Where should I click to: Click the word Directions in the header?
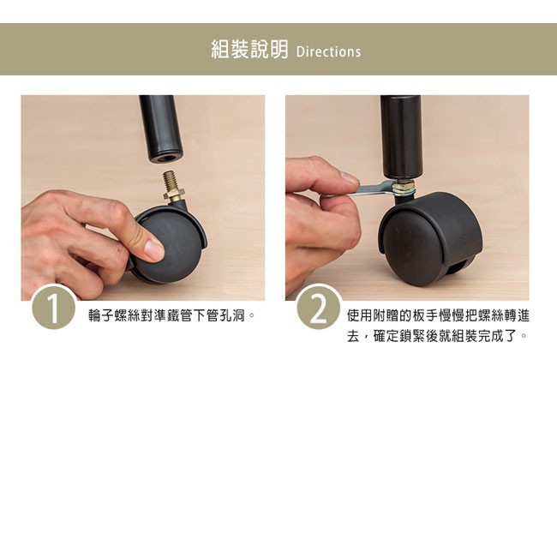click(x=328, y=52)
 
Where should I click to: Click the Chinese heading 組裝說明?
click(x=249, y=49)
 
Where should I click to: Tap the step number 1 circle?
click(x=54, y=307)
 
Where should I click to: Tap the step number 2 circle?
click(x=319, y=307)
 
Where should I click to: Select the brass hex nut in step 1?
click(x=173, y=195)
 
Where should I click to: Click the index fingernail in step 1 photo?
click(x=154, y=249)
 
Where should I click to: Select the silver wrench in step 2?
click(x=373, y=189)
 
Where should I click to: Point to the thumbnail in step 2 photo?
click(x=350, y=177)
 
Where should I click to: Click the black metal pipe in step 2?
click(x=401, y=137)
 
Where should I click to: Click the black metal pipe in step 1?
click(x=161, y=129)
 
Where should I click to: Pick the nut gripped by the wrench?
click(x=403, y=186)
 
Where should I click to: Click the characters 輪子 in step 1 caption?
click(x=102, y=315)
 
